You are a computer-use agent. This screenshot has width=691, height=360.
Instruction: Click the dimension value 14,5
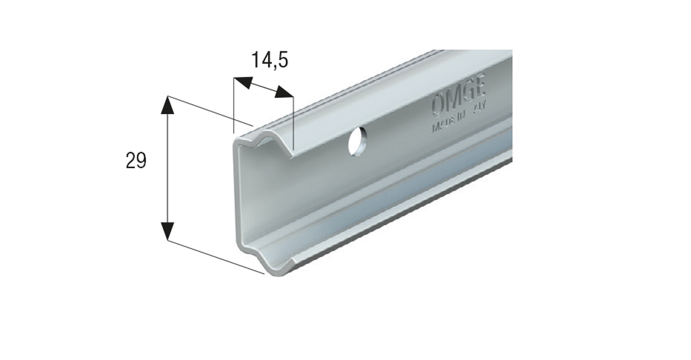click(269, 60)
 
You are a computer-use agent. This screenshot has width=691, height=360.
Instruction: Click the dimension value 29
click(136, 161)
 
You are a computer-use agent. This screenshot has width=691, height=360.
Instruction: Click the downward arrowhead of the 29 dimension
click(168, 230)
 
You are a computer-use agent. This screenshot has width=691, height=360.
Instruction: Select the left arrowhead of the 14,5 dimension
click(243, 83)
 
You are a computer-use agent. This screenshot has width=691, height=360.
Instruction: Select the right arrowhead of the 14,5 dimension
click(284, 93)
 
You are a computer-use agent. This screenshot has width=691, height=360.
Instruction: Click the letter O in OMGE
click(439, 105)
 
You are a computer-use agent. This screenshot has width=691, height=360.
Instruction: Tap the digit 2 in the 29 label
click(131, 161)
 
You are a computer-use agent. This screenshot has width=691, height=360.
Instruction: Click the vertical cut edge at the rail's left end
click(236, 194)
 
